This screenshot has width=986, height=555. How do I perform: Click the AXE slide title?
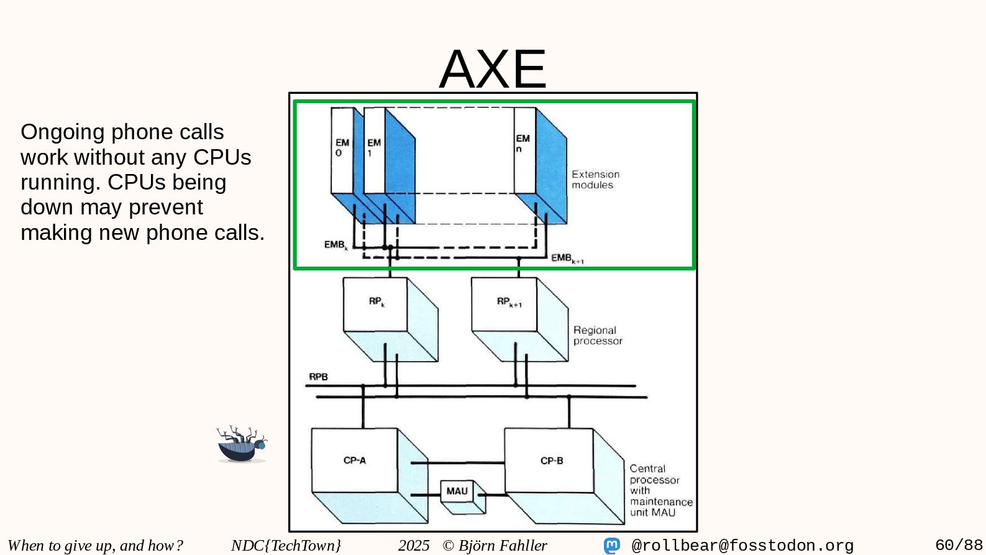493,69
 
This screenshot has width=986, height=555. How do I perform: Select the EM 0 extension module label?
342,147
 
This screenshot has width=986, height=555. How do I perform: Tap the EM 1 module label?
373,147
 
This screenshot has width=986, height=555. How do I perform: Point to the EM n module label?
523,143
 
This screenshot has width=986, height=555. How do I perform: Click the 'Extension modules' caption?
595,180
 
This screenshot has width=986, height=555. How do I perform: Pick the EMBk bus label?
336,245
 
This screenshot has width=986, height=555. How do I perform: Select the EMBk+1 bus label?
567,258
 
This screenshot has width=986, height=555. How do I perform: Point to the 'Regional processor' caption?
597,336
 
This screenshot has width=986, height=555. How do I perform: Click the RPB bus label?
318,377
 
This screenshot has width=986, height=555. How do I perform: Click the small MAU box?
457,492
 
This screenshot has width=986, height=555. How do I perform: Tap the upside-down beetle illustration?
242,445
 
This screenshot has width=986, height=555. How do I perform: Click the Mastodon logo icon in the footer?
612,546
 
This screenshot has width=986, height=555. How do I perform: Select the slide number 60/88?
959,546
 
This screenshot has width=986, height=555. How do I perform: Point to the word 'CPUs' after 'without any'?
222,157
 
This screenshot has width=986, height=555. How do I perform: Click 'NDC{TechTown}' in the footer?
286,546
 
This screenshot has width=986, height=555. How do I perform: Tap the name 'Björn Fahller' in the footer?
503,546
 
